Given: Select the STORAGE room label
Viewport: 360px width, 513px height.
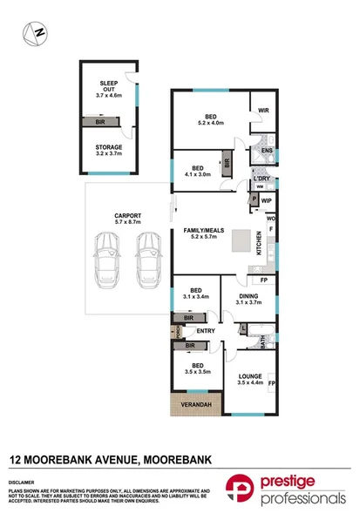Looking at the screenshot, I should point(110,148).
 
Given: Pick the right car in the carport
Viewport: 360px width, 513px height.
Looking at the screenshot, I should point(150,261).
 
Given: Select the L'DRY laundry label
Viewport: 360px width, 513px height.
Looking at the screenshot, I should point(262,179).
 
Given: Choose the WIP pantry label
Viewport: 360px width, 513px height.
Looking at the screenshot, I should point(265,199).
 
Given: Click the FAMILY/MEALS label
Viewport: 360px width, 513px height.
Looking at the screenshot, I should point(203,231).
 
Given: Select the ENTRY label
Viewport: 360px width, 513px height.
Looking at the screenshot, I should point(206,331).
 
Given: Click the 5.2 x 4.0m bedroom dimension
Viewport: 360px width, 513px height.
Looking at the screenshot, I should point(211,123).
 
